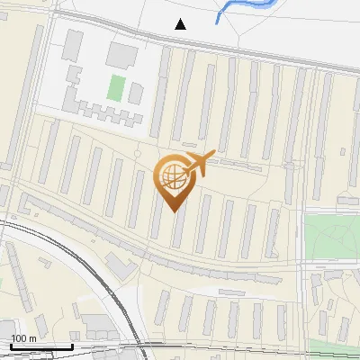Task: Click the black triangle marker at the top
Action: (181, 24)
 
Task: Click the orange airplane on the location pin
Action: (199, 163)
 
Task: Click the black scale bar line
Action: (41, 346)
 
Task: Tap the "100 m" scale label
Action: (24, 338)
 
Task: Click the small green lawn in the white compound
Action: (115, 87)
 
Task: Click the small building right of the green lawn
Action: (136, 93)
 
